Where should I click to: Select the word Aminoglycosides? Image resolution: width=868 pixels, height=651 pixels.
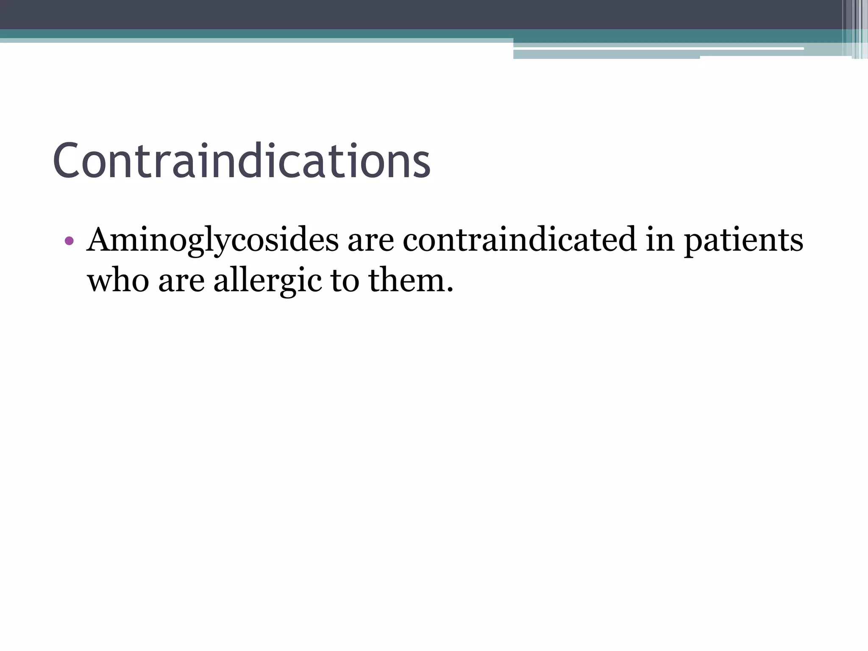pyautogui.click(x=212, y=240)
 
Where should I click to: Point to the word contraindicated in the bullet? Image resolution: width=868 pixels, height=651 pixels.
pyautogui.click(x=519, y=239)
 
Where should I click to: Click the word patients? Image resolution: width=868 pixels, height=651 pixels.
pyautogui.click(x=743, y=240)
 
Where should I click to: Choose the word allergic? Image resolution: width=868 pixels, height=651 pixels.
pyautogui.click(x=267, y=281)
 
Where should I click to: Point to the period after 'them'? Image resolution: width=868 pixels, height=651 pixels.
pyautogui.click(x=450, y=291)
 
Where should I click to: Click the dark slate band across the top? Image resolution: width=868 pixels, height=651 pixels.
pyautogui.click(x=381, y=14)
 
